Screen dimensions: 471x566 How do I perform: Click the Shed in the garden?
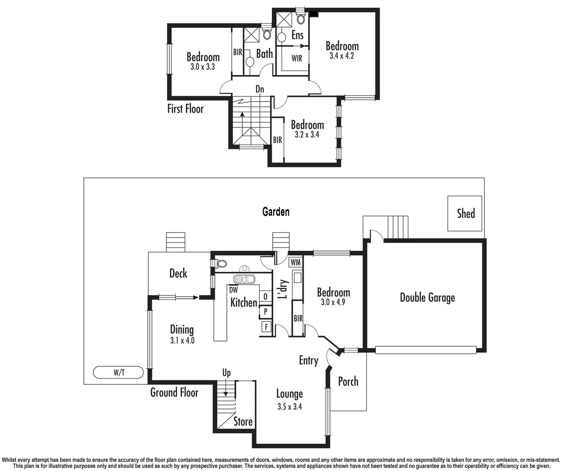(465, 213)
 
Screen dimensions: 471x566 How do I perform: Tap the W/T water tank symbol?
(118, 373)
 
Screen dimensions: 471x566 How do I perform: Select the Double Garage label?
(427, 298)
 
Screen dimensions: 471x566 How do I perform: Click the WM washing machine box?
(295, 262)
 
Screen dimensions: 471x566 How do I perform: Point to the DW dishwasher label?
(233, 290)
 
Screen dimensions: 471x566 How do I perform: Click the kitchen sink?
(244, 279)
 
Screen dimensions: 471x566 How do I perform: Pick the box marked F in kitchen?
(265, 327)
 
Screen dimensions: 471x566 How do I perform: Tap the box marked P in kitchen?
(265, 312)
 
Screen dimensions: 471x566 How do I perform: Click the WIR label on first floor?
(297, 58)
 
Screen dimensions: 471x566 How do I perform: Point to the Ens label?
(297, 35)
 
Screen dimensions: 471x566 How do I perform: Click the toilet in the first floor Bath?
(267, 34)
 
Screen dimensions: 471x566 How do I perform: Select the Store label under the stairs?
(243, 422)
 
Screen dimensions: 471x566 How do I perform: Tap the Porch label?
(348, 382)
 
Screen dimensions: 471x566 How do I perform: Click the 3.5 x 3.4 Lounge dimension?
(289, 407)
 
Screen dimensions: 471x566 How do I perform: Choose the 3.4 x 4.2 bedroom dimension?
(342, 56)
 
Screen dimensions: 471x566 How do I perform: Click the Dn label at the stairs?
(260, 89)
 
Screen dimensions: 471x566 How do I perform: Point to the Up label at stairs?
(226, 373)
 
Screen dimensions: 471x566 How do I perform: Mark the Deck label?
(178, 273)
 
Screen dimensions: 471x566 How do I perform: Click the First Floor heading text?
(185, 109)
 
